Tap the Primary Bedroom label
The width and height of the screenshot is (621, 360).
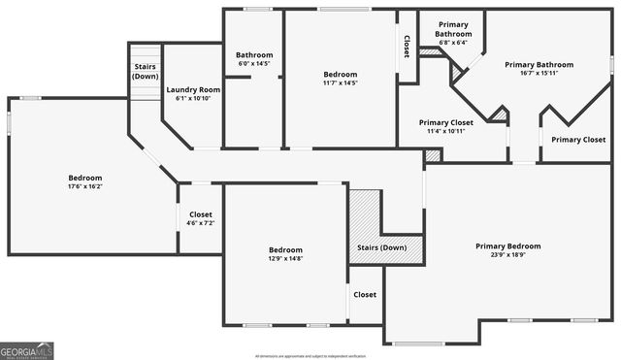click(x=507, y=246)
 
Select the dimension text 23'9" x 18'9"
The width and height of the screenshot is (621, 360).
click(x=507, y=255)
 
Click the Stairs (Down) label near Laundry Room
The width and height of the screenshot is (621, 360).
click(x=146, y=71)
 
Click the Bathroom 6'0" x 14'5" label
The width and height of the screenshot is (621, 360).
click(x=254, y=55)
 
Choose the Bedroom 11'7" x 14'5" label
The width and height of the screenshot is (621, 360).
click(x=340, y=75)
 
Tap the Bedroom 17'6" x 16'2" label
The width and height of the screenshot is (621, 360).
click(x=85, y=178)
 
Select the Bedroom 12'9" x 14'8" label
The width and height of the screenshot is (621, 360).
click(x=285, y=249)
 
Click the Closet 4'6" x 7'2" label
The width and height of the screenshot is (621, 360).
click(x=201, y=214)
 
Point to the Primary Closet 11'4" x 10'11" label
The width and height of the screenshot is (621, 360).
click(x=446, y=123)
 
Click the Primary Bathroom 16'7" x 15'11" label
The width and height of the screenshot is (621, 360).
click(x=539, y=65)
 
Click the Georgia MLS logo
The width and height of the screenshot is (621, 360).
click(x=26, y=349)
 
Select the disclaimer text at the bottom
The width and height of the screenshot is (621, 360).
click(x=310, y=355)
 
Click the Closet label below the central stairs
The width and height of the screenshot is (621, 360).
click(x=365, y=295)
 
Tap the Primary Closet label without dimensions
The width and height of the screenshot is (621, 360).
click(x=578, y=140)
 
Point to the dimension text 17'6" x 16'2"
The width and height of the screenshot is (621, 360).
click(x=85, y=186)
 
